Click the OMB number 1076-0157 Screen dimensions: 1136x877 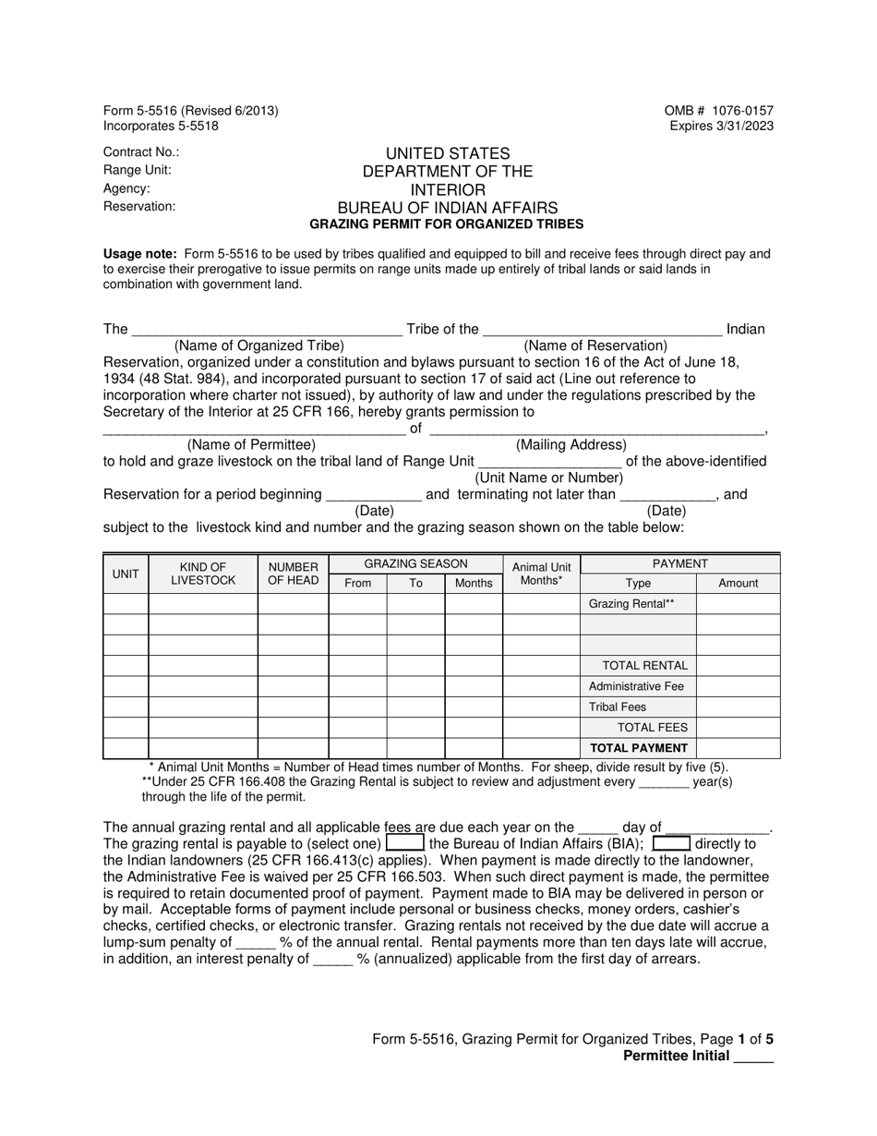tap(718, 111)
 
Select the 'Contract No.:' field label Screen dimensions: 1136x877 tap(141, 152)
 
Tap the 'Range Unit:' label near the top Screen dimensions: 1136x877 tap(137, 170)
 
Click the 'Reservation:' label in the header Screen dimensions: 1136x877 tap(139, 206)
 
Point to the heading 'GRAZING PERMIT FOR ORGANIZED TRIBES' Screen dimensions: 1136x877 tap(446, 224)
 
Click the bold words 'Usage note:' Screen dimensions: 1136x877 tap(140, 254)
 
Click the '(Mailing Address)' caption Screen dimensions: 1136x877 tap(571, 445)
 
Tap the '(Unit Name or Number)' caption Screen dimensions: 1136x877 tap(549, 478)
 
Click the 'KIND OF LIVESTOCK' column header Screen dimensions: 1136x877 tap(203, 573)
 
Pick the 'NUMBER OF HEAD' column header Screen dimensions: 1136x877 tap(293, 573)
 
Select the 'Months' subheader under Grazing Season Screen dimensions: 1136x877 tap(474, 583)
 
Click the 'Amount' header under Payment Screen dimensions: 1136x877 tap(738, 583)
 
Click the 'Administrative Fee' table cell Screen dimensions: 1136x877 tap(636, 686)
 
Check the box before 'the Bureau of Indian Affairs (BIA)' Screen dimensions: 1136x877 tap(404, 843)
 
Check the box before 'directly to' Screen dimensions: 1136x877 tap(671, 843)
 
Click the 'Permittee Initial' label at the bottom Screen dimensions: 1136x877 tap(676, 1056)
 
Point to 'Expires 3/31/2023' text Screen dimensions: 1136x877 tap(722, 127)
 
